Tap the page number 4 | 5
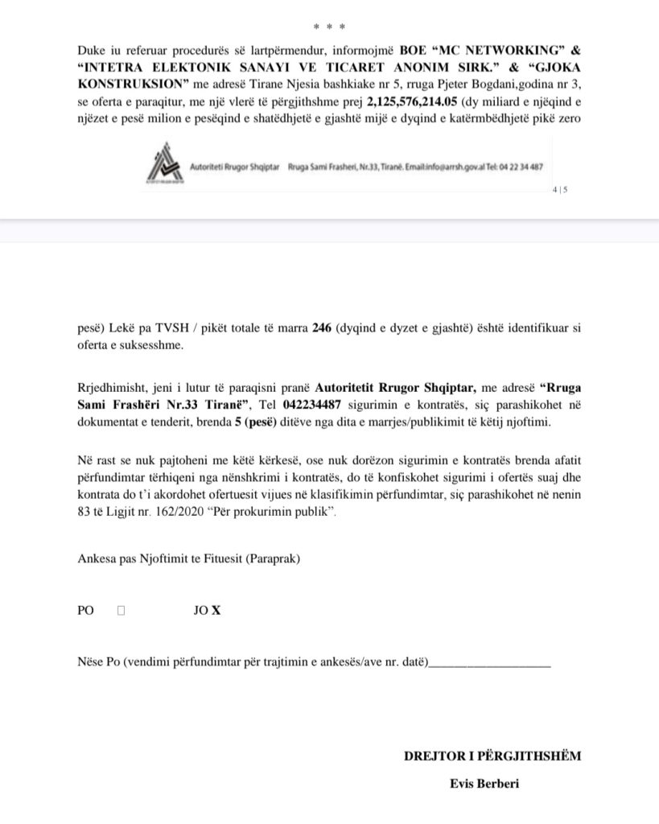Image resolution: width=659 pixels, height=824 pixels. click(560, 190)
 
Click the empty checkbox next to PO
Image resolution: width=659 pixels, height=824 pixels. click(122, 611)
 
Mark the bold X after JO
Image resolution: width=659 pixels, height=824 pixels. click(216, 611)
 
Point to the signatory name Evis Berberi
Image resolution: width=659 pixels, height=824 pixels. click(484, 784)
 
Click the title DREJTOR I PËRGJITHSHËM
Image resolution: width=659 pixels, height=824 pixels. click(492, 756)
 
